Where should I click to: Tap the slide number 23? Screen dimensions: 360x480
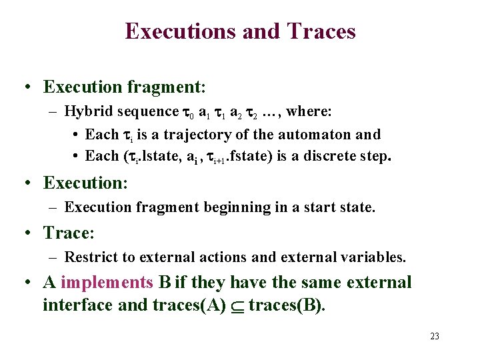pyautogui.click(x=435, y=336)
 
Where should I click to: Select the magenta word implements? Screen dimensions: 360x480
pyautogui.click(x=107, y=283)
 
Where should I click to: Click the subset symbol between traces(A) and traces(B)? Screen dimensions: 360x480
pyautogui.click(x=237, y=306)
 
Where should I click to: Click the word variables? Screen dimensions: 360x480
pyautogui.click(x=373, y=257)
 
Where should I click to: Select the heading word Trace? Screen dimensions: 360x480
pyautogui.click(x=69, y=233)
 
